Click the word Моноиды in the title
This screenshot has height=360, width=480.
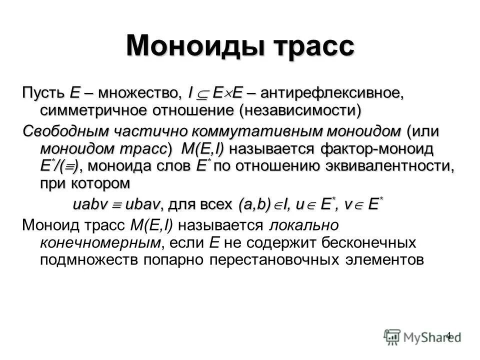click(x=194, y=46)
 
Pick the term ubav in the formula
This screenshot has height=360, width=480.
click(x=142, y=204)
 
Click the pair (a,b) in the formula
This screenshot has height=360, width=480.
click(x=254, y=204)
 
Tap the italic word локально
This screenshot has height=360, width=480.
click(x=304, y=226)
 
